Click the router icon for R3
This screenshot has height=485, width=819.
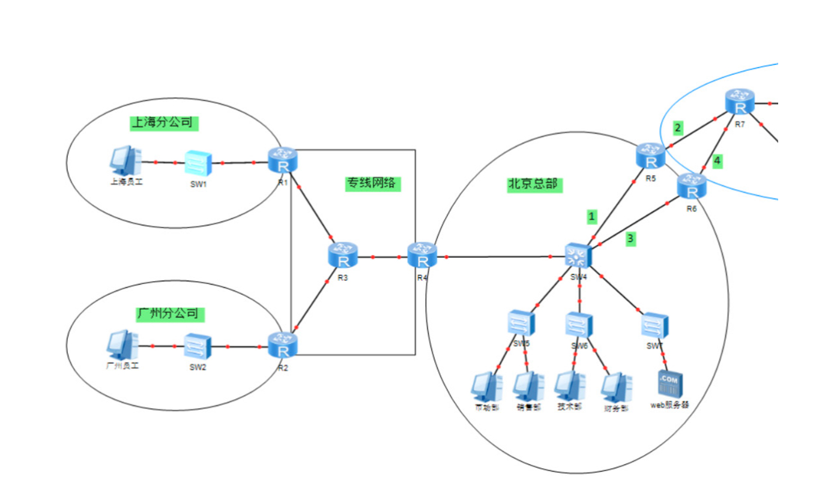[x=343, y=256]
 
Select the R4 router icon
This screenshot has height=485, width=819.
[x=423, y=256]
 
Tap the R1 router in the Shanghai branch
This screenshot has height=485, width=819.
[x=283, y=161]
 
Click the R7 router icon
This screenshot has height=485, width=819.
[x=740, y=102]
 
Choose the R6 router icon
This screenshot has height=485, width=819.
[x=692, y=186]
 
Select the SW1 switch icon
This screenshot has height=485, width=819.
[x=198, y=162]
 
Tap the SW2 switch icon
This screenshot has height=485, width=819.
[x=198, y=346]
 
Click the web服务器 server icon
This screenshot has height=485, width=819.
[x=670, y=383]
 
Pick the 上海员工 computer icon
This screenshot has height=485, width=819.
[x=125, y=160]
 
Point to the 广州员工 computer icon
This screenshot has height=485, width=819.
[x=122, y=345]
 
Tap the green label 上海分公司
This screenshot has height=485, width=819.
[x=163, y=122]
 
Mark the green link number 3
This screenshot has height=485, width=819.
[x=630, y=239]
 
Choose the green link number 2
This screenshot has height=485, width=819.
[x=678, y=127]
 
